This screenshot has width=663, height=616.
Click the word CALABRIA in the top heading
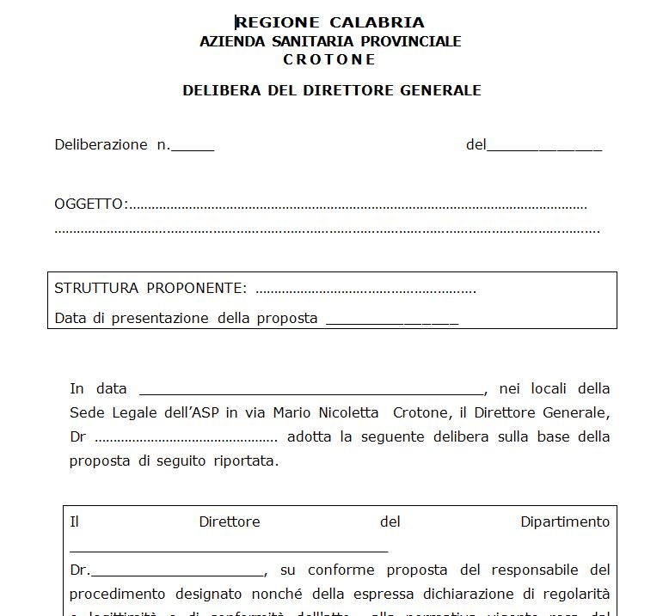[x=377, y=22]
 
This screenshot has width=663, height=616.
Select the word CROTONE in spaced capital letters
[x=329, y=59]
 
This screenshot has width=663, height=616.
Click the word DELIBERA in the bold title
[x=217, y=90]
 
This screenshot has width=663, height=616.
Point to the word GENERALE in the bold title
[x=440, y=90]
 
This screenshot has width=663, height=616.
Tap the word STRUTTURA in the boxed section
[x=96, y=288]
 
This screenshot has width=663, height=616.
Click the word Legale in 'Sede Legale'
[x=136, y=412]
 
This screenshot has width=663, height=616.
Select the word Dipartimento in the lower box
[x=565, y=521]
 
